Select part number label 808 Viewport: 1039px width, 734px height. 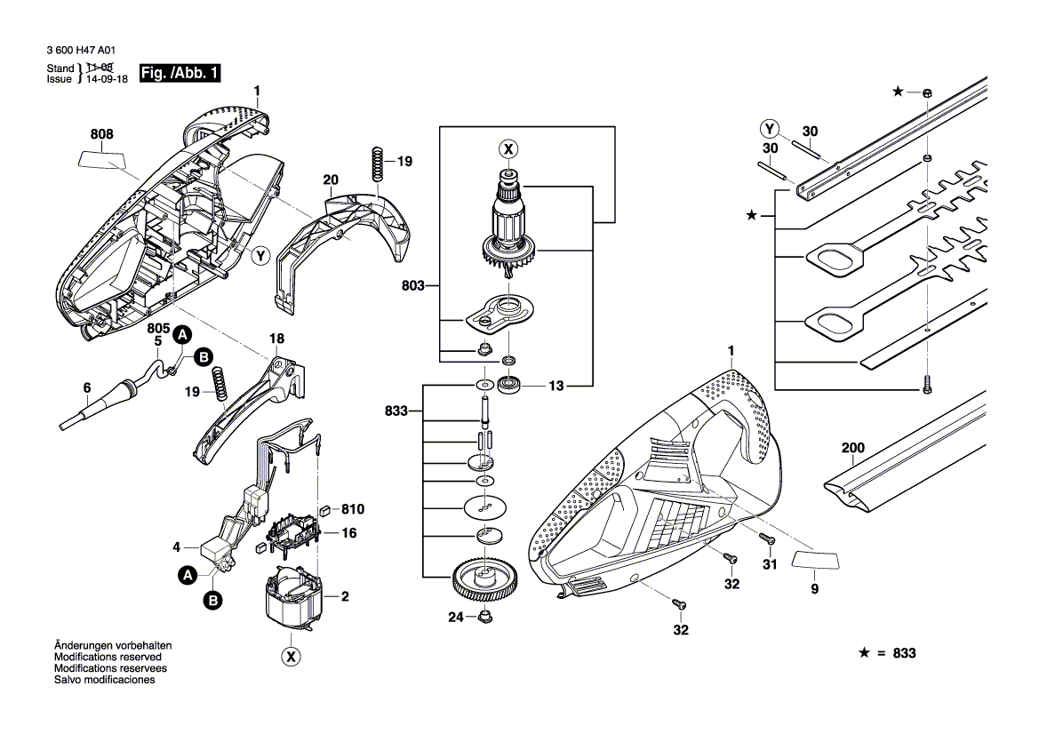coord(101,135)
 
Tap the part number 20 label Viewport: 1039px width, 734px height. coord(331,180)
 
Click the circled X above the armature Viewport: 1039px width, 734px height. coord(508,148)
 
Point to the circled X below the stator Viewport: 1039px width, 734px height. coord(290,657)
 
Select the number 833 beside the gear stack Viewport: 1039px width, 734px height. coord(397,411)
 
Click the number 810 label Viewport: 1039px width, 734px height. coord(354,510)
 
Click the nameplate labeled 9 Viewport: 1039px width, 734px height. coord(815,560)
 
